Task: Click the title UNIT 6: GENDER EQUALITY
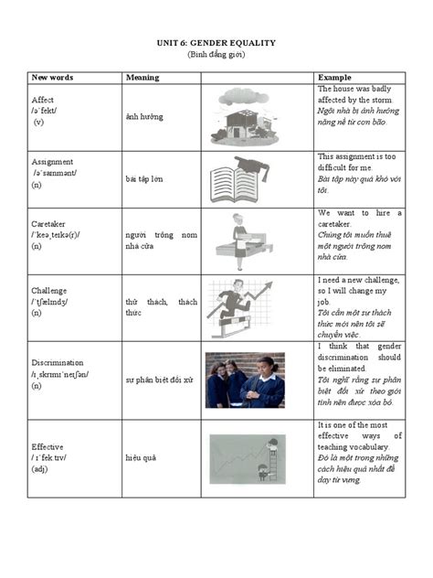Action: (x=216, y=43)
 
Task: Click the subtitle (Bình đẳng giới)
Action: (x=216, y=55)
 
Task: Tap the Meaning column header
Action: (x=143, y=78)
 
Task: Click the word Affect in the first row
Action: (x=43, y=99)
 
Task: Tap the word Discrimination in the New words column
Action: (x=58, y=363)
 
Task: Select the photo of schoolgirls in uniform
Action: (x=244, y=380)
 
